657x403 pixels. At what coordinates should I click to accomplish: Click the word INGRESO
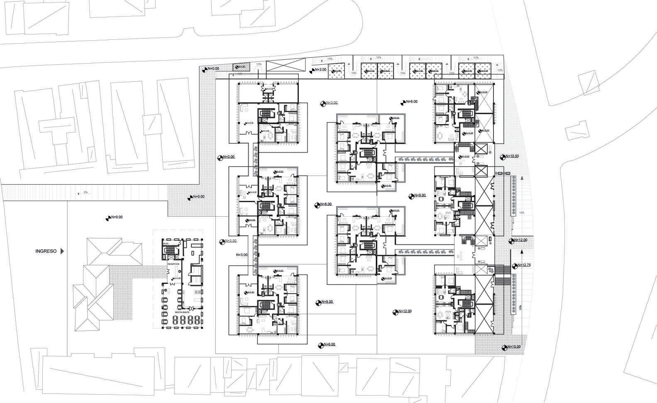coord(46,251)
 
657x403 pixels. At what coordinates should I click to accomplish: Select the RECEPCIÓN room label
coord(173,264)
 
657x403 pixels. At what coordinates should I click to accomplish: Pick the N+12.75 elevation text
coord(524,265)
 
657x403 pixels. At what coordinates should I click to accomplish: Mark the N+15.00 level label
coord(513,347)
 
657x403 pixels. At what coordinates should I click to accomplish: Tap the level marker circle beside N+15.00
coord(504,347)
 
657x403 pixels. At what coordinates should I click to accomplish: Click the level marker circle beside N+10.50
coord(503,157)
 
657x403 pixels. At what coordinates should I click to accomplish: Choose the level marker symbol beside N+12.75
coord(515,266)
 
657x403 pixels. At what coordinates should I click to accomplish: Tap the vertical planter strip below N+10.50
coord(514,195)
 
